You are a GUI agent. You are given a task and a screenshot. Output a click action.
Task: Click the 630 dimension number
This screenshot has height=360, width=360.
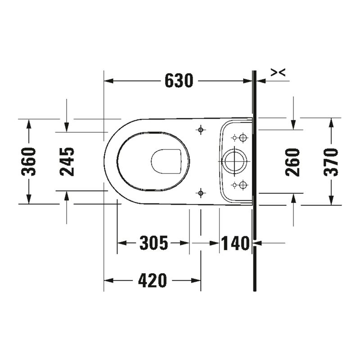coord(179,81)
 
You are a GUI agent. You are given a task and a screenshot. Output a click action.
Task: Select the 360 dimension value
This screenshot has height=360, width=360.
coord(29,162)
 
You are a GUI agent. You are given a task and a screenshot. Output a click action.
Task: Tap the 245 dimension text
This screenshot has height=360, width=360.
coord(67,162)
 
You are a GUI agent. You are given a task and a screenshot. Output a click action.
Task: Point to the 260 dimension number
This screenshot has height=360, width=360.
coord(292,162)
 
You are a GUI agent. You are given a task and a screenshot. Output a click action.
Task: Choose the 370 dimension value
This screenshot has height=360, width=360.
coord(331,162)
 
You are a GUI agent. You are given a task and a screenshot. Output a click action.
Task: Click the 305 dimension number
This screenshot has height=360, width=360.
coord(154,243)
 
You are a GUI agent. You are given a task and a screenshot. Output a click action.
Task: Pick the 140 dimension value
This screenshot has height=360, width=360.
coord(235,243)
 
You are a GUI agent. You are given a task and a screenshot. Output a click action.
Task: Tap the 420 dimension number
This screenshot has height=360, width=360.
coord(153,280)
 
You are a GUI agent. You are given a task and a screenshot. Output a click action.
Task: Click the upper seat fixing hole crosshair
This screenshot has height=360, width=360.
coord(201,130)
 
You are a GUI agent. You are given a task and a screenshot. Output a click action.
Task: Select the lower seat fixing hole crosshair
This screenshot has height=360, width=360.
coord(201,193)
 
